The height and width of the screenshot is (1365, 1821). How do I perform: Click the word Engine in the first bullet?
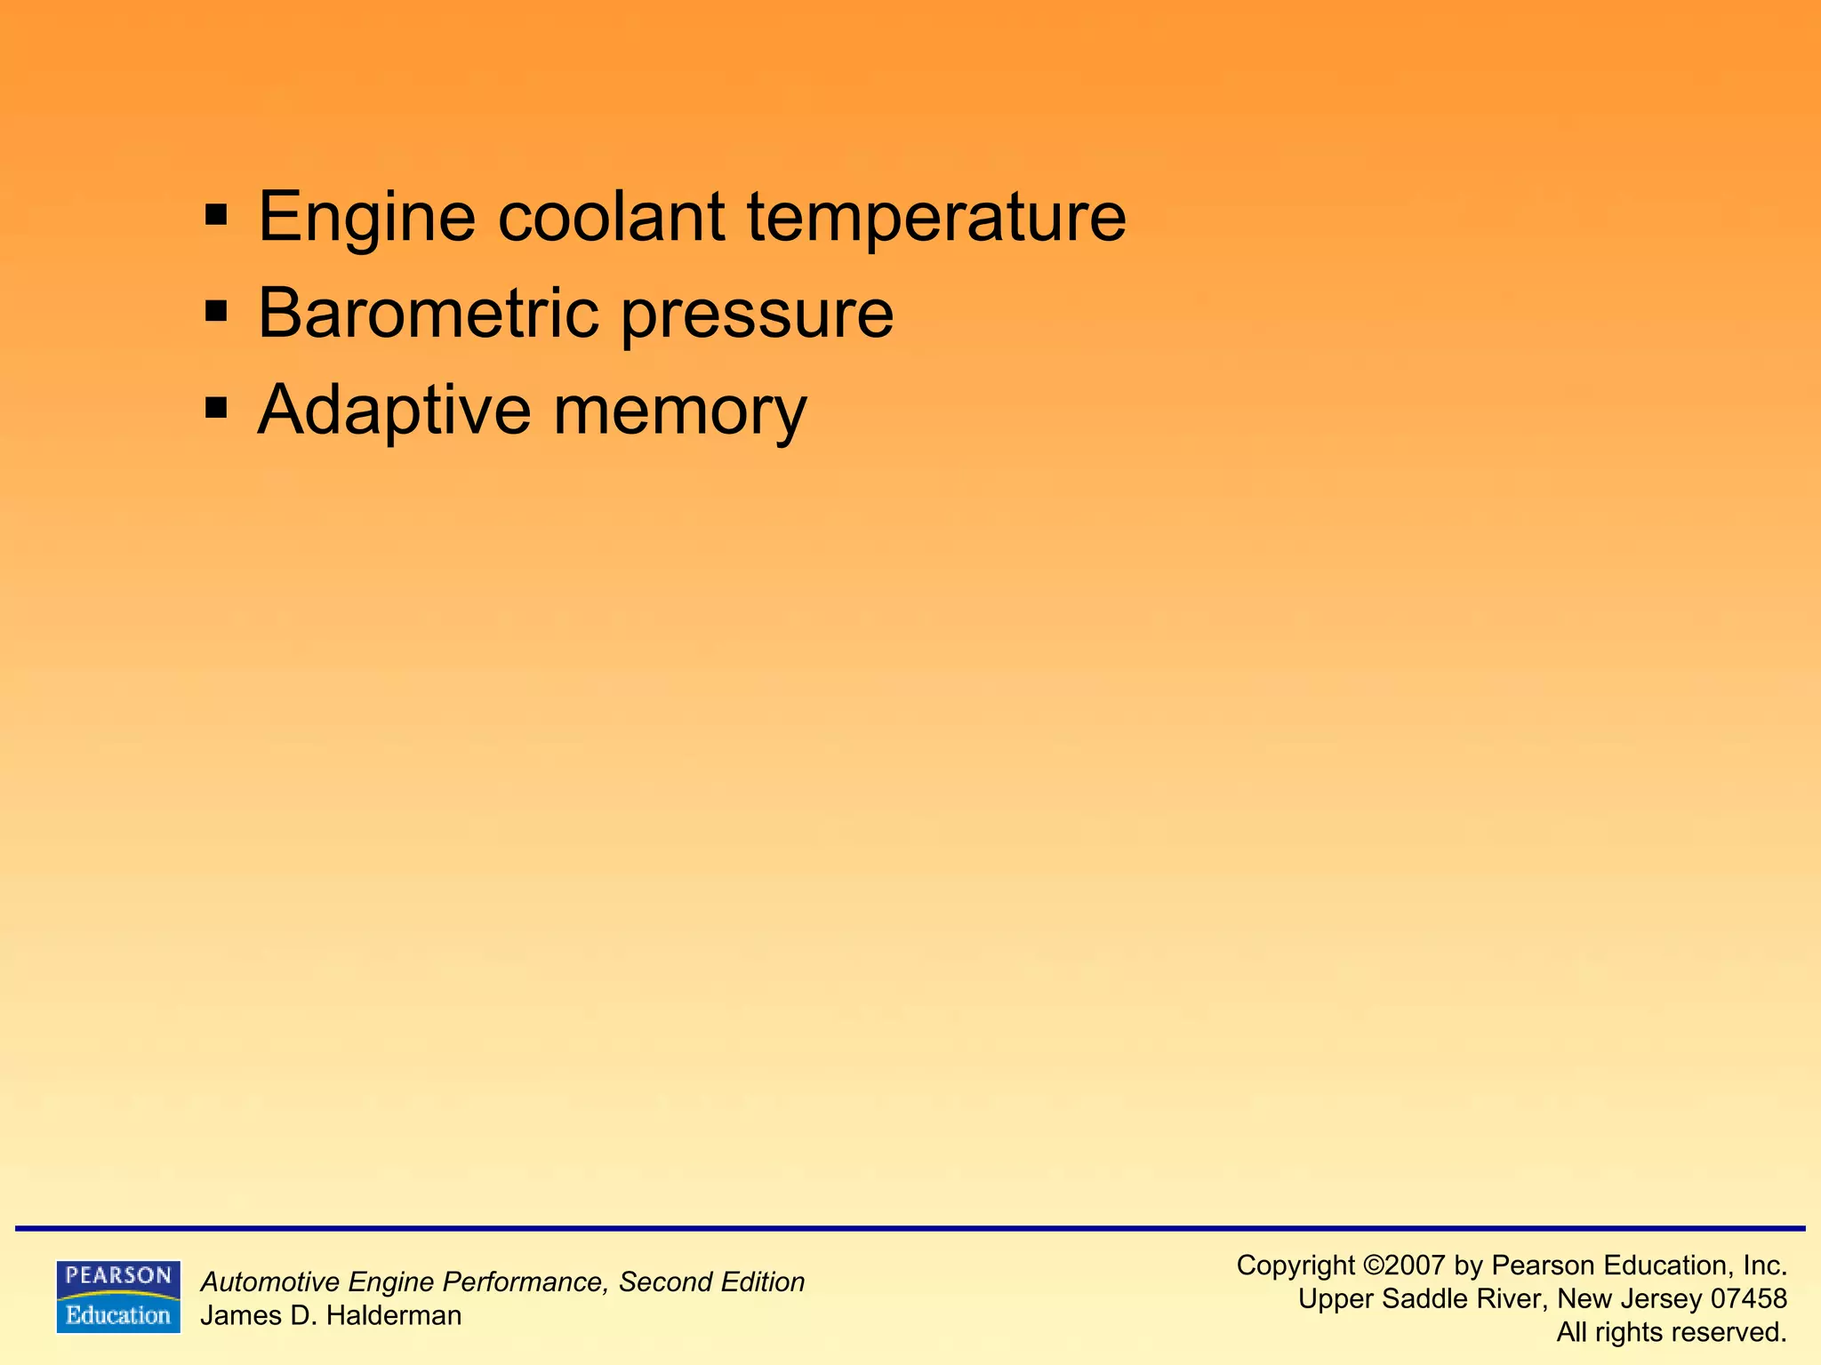(366, 217)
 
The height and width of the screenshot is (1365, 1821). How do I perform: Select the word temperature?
(936, 217)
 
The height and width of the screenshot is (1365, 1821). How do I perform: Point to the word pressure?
(757, 315)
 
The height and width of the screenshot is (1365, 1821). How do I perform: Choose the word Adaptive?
(394, 411)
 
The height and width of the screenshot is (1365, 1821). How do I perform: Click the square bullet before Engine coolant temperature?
(216, 215)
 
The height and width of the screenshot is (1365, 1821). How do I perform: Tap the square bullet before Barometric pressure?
(216, 311)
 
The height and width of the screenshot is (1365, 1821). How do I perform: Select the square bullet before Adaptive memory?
(216, 409)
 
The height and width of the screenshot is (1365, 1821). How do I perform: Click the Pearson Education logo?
(118, 1297)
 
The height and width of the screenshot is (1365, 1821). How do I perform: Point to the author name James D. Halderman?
(331, 1315)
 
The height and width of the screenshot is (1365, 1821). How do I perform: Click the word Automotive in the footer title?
(270, 1282)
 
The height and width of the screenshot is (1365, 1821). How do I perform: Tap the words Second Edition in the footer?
(711, 1282)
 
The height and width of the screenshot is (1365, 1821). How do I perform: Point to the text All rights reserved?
(1672, 1332)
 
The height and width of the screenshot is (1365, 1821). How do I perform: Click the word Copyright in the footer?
(1296, 1265)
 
